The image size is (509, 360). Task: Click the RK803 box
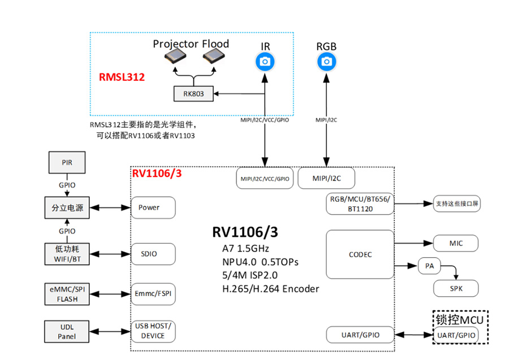tap(193, 94)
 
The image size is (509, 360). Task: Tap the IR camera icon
tap(265, 62)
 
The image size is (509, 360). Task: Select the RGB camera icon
tap(326, 62)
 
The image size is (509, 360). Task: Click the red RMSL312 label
tap(122, 77)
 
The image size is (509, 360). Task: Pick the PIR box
tap(67, 162)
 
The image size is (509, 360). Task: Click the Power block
tap(153, 207)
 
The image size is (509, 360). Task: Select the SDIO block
tap(153, 254)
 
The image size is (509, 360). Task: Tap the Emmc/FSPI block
tap(153, 293)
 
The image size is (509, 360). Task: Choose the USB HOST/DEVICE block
tap(153, 331)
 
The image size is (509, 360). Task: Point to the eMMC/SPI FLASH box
tap(67, 294)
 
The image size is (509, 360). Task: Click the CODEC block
tap(360, 254)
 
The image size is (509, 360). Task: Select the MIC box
tap(456, 243)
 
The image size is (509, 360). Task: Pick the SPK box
tap(456, 289)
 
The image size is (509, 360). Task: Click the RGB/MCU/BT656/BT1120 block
tap(360, 203)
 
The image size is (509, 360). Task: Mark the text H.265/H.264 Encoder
tap(270, 289)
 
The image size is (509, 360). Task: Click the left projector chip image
tap(175, 56)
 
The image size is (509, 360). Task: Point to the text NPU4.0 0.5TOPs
tap(260, 262)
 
